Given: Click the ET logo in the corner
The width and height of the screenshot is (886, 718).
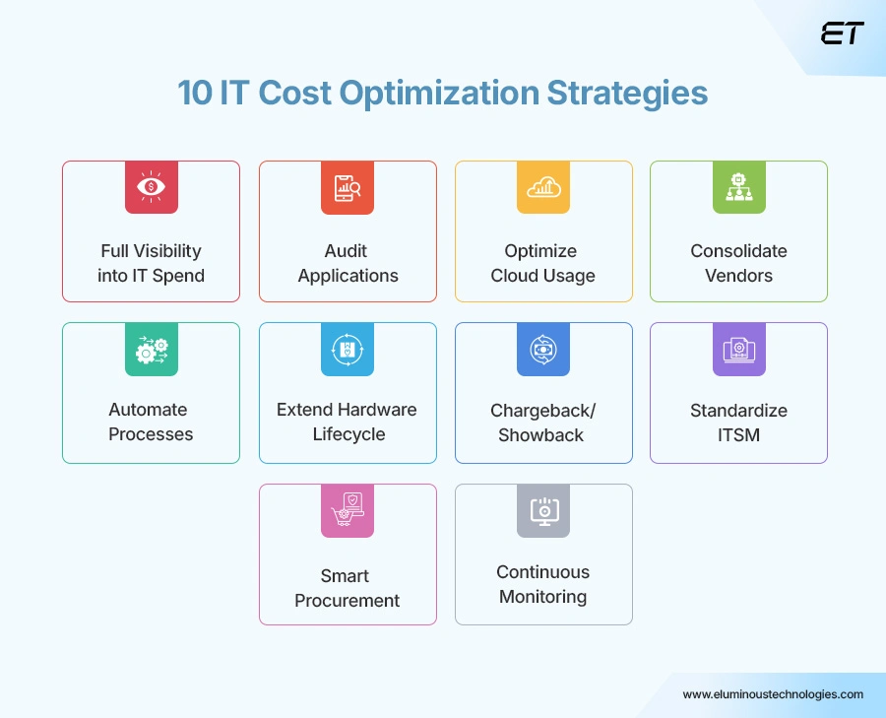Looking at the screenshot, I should point(842,33).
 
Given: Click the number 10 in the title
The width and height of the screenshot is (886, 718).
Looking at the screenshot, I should point(196,94).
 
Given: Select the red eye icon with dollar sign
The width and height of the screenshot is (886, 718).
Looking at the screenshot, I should point(151,187).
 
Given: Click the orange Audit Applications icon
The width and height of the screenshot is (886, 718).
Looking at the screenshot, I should point(348,187).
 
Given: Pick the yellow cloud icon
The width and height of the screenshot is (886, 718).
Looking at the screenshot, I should point(543,187).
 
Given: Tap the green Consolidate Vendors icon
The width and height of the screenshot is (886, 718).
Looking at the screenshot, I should point(738,187).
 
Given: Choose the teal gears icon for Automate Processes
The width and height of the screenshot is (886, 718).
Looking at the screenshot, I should point(151,349).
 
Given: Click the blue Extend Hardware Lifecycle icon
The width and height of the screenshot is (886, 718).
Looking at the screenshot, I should point(348,349).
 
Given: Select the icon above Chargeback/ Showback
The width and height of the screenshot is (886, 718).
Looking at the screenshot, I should point(543,349).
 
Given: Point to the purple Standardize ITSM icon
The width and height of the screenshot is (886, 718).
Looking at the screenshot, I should point(738,349).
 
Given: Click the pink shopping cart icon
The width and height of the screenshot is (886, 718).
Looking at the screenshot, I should point(348,510).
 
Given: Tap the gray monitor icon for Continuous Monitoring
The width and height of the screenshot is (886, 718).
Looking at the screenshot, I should point(543,510).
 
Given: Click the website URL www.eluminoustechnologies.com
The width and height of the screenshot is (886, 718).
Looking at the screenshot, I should point(773,694).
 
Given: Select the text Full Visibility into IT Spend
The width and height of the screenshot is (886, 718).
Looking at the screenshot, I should point(151,263).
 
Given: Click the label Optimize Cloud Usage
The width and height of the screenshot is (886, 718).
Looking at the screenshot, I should point(543,263).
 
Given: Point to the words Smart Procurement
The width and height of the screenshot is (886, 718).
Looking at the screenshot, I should point(348,588).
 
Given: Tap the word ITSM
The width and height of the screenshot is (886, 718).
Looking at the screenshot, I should point(738,434).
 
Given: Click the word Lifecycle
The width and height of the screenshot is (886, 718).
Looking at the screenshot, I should point(348,434).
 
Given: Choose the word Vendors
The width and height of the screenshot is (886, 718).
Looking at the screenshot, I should point(738,276).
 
